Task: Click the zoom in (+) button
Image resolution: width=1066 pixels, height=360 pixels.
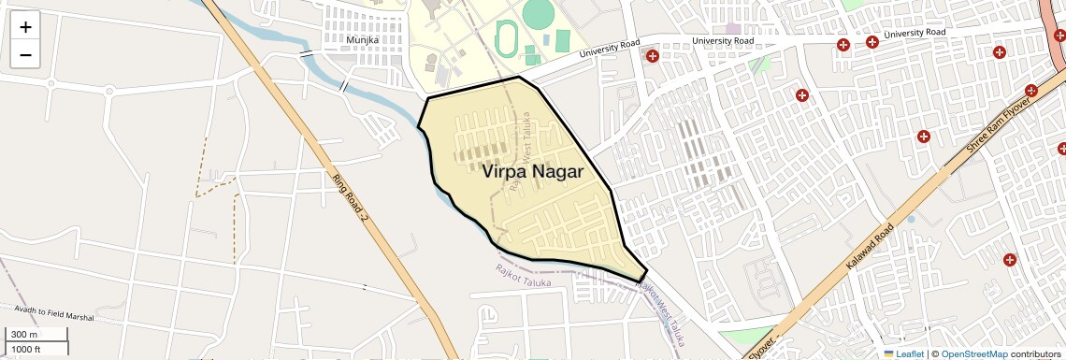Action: (25, 27)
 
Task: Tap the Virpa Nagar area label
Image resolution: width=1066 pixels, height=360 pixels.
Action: (532, 172)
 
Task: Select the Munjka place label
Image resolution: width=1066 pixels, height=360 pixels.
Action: (362, 40)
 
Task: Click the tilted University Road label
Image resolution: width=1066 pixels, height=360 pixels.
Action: (610, 49)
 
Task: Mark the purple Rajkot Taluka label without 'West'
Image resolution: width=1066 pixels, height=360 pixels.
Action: (525, 276)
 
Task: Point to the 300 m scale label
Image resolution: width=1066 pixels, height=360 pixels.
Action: (24, 335)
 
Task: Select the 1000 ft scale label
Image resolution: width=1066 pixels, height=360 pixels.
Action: (25, 349)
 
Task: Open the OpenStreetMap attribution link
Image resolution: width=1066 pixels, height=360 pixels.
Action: (973, 353)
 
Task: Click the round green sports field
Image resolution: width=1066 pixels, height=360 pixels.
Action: (538, 13)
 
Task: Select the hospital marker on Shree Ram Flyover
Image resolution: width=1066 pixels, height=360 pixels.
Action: (1032, 91)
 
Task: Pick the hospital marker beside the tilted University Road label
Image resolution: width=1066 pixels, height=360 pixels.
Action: (653, 57)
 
